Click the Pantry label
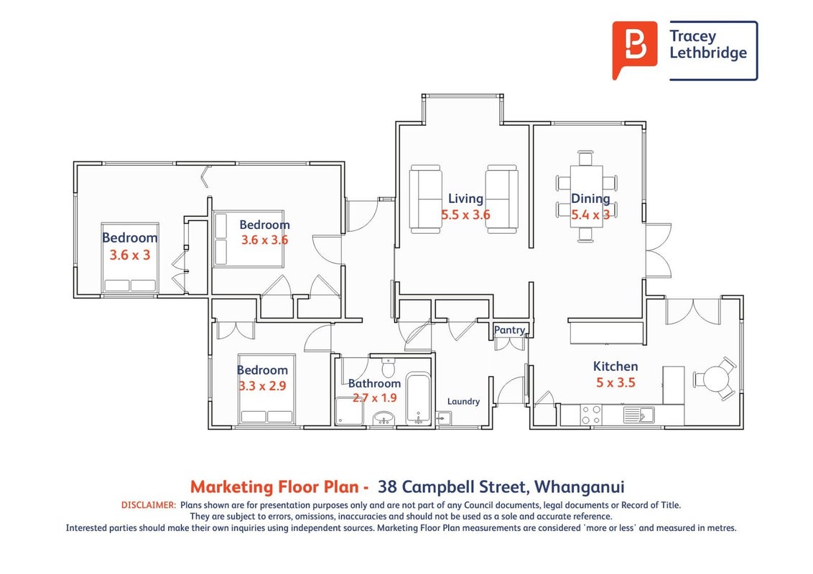[509, 330]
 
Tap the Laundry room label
[463, 401]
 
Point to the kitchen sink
[638, 415]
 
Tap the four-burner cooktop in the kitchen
[591, 415]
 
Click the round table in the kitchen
[715, 379]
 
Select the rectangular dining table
[587, 197]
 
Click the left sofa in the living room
[425, 199]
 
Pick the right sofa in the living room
[502, 199]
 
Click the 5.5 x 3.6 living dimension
[465, 215]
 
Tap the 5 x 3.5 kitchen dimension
[615, 383]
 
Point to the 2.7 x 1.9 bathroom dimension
[374, 398]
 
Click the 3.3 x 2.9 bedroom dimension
[262, 386]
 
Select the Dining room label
[590, 199]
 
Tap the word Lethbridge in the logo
[708, 53]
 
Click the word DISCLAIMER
[149, 505]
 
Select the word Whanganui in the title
[579, 487]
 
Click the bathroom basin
[384, 418]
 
